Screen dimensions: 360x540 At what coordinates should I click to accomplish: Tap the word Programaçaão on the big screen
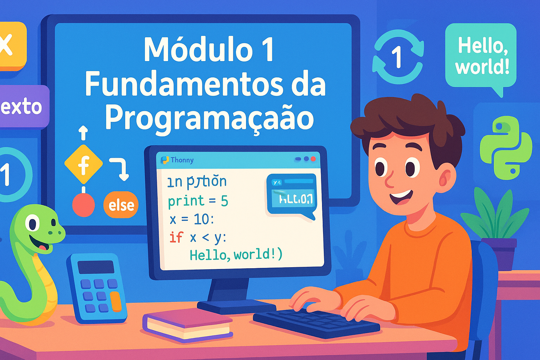210,118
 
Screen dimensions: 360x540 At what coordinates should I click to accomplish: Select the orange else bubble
121,205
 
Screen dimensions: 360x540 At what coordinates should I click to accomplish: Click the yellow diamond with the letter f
84,164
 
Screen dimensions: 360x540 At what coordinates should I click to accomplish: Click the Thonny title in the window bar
182,160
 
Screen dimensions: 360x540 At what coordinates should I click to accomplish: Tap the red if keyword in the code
176,237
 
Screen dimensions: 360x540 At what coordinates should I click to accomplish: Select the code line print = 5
198,201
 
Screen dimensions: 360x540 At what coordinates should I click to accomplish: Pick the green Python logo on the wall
505,148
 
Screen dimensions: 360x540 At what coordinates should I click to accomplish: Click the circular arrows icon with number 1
398,56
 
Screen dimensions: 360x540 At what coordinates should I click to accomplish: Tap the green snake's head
39,227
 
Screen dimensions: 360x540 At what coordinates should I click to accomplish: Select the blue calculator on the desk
97,288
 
